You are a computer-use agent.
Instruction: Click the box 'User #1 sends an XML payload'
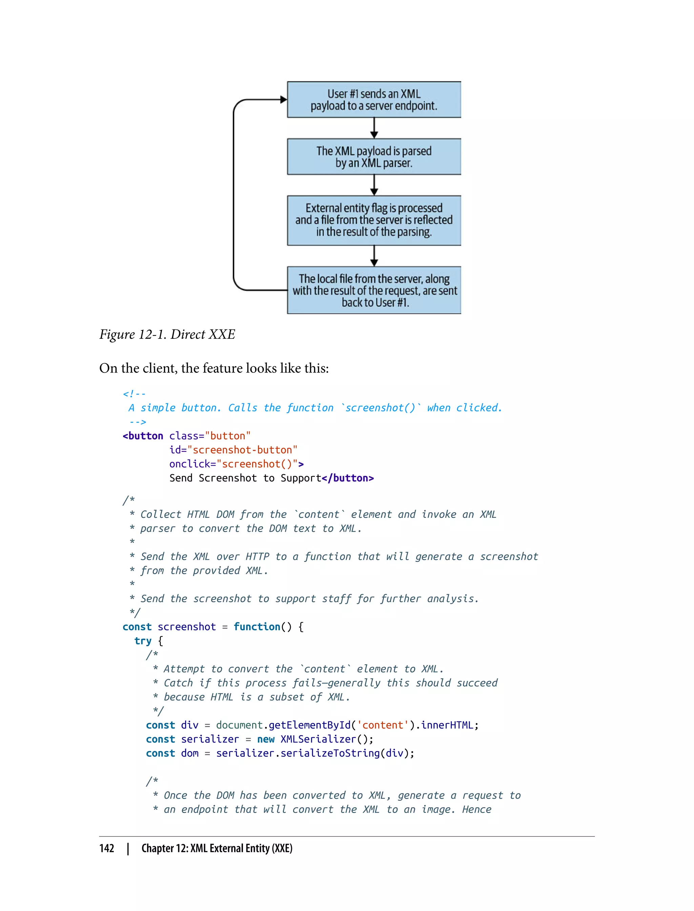(x=374, y=100)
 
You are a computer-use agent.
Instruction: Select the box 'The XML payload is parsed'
(x=374, y=157)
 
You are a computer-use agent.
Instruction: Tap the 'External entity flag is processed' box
(x=374, y=220)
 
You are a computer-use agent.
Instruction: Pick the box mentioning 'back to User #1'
(x=374, y=290)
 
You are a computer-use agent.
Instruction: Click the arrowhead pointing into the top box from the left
(x=283, y=100)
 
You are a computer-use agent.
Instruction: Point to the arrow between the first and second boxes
(x=374, y=128)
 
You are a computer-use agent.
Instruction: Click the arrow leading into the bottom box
(x=374, y=256)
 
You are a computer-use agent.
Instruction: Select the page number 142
(x=107, y=848)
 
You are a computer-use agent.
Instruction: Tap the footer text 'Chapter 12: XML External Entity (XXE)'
(x=217, y=848)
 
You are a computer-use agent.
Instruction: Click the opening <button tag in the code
(x=143, y=436)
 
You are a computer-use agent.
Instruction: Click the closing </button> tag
(x=348, y=478)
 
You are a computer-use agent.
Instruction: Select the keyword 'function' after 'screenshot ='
(x=257, y=627)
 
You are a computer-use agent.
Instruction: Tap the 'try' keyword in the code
(x=143, y=641)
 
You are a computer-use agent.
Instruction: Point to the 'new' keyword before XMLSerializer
(x=266, y=739)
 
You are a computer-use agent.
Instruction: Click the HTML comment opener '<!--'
(x=134, y=394)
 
